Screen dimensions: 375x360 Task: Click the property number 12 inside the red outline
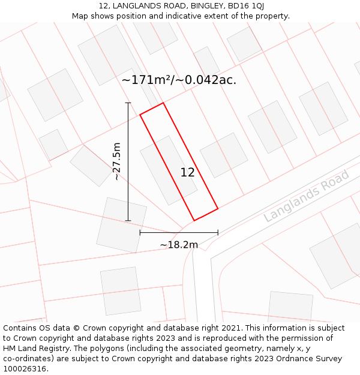187,173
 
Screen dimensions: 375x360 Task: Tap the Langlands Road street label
306,196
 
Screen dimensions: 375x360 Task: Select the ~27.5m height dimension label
116,161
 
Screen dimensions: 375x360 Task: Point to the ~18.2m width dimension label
179,245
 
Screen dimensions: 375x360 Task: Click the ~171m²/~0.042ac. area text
179,79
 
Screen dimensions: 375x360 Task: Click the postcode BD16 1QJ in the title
245,6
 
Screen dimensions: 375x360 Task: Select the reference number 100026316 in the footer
25,368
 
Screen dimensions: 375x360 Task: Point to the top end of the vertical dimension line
128,103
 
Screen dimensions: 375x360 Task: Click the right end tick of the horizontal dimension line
218,232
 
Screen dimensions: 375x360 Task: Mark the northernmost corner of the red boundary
163,103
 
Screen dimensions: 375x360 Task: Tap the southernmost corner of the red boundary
194,220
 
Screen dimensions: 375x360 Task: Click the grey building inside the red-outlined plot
168,170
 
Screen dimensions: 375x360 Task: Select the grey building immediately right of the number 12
224,155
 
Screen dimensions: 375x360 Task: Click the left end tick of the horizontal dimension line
140,232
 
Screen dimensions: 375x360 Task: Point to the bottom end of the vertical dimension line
128,220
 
